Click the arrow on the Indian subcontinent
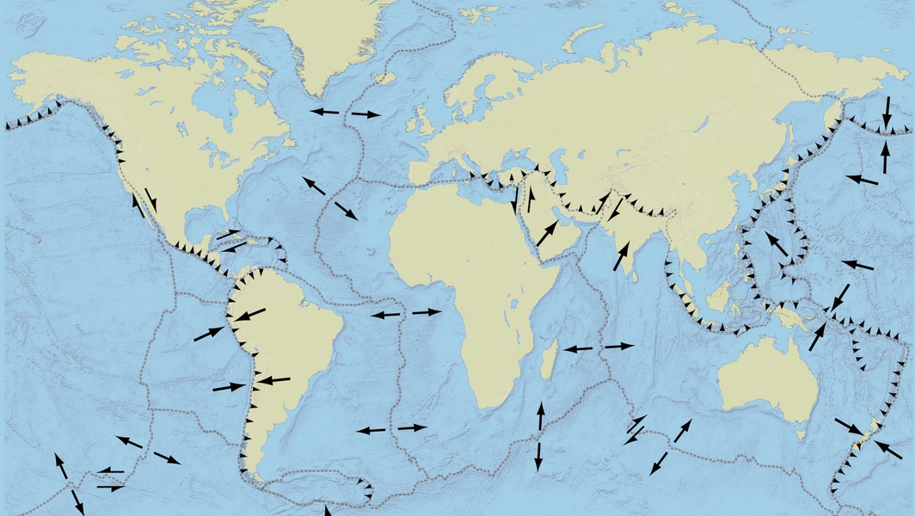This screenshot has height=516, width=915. pyautogui.click(x=622, y=255)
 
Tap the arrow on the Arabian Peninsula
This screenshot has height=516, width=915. pyautogui.click(x=547, y=231)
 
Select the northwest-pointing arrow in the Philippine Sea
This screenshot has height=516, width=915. pyautogui.click(x=777, y=243)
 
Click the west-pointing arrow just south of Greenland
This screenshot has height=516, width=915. pyautogui.click(x=324, y=112)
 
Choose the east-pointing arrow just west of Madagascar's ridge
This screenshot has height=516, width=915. pyautogui.click(x=618, y=346)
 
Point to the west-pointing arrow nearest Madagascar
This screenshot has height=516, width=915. pyautogui.click(x=578, y=348)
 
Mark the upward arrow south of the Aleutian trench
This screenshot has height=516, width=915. pyautogui.click(x=886, y=157)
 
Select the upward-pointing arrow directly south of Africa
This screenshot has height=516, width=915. pyautogui.click(x=540, y=417)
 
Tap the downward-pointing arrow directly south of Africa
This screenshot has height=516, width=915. pyautogui.click(x=538, y=456)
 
